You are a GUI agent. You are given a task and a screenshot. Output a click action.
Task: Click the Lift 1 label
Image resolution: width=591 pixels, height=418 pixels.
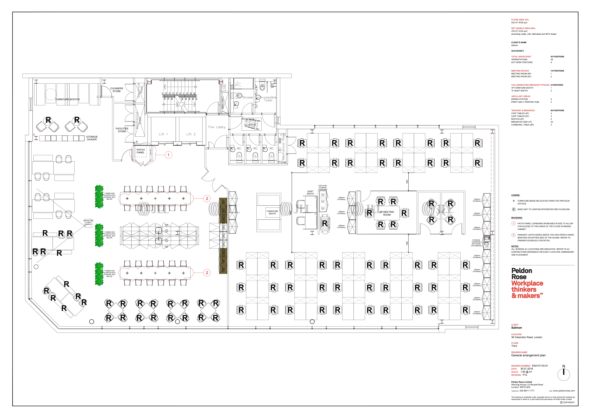pyautogui.click(x=163, y=134)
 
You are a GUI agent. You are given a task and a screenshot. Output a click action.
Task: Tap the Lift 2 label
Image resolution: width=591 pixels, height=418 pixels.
pyautogui.click(x=191, y=134)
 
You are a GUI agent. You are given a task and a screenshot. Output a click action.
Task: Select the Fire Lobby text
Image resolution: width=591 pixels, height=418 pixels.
pyautogui.click(x=217, y=127)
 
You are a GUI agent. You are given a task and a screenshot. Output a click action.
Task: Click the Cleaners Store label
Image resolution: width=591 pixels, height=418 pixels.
pyautogui.click(x=117, y=90)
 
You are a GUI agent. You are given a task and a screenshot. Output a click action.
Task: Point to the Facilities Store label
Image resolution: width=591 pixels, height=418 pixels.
pyautogui.click(x=122, y=130)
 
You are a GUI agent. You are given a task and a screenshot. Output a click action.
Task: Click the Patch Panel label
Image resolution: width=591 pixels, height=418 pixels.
pyautogui.click(x=141, y=151)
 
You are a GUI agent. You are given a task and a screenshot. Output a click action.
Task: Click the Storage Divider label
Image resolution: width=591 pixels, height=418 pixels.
pyautogui.click(x=92, y=138)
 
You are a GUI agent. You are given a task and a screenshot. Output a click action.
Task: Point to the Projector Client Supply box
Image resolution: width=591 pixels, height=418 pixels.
pyautogui.click(x=88, y=223)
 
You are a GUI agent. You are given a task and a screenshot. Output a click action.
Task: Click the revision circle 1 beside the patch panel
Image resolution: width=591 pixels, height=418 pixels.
pyautogui.click(x=168, y=155)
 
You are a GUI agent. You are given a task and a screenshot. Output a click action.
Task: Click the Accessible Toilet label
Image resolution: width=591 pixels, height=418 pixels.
pyautogui.click(x=268, y=99)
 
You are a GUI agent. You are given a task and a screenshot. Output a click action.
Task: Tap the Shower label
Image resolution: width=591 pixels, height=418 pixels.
pyautogui.click(x=248, y=97)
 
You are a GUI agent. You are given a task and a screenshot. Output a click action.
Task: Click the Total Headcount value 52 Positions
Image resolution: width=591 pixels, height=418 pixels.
pyautogui.click(x=557, y=57)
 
